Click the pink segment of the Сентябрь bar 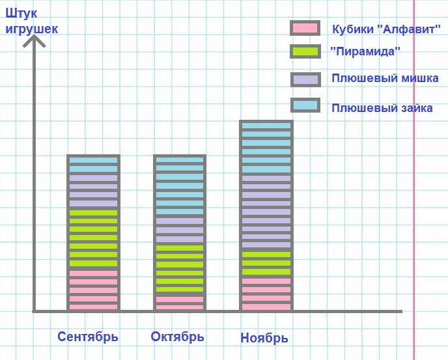coord(93,290)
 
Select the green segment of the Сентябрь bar coord(93,238)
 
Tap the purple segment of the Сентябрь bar coord(93,190)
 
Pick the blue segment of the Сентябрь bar coord(93,164)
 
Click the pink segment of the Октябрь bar coord(179,303)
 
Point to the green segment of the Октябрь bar coord(179,269)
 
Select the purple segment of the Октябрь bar coord(179,230)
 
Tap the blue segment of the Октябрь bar coord(179,186)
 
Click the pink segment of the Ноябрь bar coord(266,294)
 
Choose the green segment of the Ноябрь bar coord(266,263)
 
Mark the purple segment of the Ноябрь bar coord(266,212)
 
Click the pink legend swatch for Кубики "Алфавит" coord(305,28)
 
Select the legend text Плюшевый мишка coord(385,78)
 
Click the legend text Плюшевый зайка coord(382,108)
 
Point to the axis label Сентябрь coord(88,337)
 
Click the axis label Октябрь coord(177,337)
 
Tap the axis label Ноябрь coord(264,338)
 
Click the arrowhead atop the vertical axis coord(34,40)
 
